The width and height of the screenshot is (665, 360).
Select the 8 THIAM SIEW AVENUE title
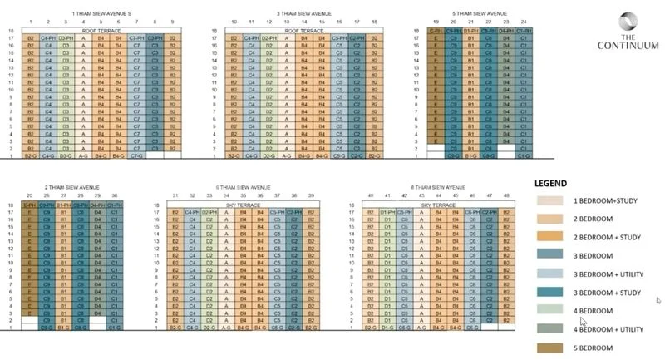click(x=428, y=188)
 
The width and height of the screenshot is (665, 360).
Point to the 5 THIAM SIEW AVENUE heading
click(x=479, y=14)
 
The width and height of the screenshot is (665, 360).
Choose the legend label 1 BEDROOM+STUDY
click(x=611, y=201)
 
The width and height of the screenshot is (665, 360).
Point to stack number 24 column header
click(x=524, y=22)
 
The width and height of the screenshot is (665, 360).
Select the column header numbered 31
click(x=175, y=195)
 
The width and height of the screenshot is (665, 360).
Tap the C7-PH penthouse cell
click(x=137, y=38)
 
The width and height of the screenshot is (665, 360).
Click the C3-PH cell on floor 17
click(x=155, y=38)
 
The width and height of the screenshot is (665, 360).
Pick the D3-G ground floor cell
click(x=66, y=155)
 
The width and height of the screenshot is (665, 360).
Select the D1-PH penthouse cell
click(x=387, y=212)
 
